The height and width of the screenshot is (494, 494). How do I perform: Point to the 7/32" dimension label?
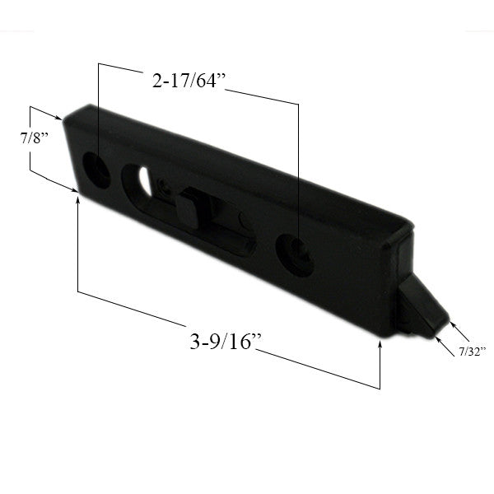point(473,351)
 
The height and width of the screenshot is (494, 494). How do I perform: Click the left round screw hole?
point(98,171)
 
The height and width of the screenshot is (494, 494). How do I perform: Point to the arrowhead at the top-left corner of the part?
point(58,118)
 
